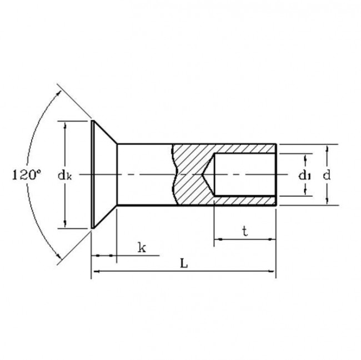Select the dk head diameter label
65,175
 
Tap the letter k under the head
142,248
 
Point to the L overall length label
184,264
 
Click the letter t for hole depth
245,232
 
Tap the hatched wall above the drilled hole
244,149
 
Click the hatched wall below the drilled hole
244,200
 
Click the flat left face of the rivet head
92,175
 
